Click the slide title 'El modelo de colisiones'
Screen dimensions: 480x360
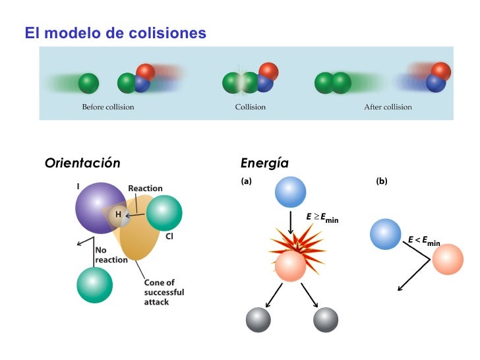click(x=115, y=32)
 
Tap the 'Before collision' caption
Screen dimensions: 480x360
click(x=107, y=107)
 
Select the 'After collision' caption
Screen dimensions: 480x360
click(x=388, y=107)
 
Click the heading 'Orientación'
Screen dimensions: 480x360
click(x=82, y=163)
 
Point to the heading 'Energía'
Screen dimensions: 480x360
click(x=264, y=163)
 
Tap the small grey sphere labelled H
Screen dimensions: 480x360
click(x=119, y=214)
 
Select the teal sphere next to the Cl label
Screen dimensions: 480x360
click(x=164, y=213)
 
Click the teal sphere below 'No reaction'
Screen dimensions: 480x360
click(x=94, y=285)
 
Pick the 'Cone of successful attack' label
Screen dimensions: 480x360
click(x=164, y=292)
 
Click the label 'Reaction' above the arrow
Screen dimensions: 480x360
click(x=145, y=189)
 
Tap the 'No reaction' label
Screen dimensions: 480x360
click(x=111, y=255)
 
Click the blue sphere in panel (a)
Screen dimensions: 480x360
click(x=290, y=193)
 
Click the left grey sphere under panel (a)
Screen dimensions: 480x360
click(x=258, y=320)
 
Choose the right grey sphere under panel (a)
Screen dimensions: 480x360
click(x=326, y=320)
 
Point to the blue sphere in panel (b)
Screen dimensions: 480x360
click(x=386, y=234)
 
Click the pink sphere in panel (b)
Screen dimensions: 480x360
click(x=447, y=260)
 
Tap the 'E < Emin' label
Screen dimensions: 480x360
click(x=424, y=241)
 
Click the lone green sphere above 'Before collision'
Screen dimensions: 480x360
click(x=88, y=84)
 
